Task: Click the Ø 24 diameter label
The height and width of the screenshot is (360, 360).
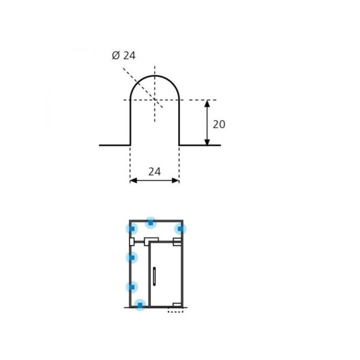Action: click(x=124, y=56)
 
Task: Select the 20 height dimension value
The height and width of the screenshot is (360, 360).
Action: click(x=219, y=124)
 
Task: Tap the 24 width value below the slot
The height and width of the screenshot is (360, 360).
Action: click(x=154, y=172)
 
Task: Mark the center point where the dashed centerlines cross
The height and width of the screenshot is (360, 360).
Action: click(x=155, y=100)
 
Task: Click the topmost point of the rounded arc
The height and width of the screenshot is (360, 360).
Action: click(x=155, y=76)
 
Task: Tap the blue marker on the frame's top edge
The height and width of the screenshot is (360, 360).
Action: click(x=151, y=223)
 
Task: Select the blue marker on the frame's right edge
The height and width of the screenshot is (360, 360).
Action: click(x=179, y=229)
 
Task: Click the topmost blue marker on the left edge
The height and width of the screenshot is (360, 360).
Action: click(x=131, y=229)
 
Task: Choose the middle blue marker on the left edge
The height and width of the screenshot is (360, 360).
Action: click(x=131, y=257)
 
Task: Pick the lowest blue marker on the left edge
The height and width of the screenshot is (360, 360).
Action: click(x=131, y=287)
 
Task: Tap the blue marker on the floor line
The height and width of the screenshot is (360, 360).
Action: click(x=140, y=305)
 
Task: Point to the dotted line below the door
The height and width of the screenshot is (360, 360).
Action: click(x=175, y=312)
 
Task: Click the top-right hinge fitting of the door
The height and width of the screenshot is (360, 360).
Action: click(x=177, y=242)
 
